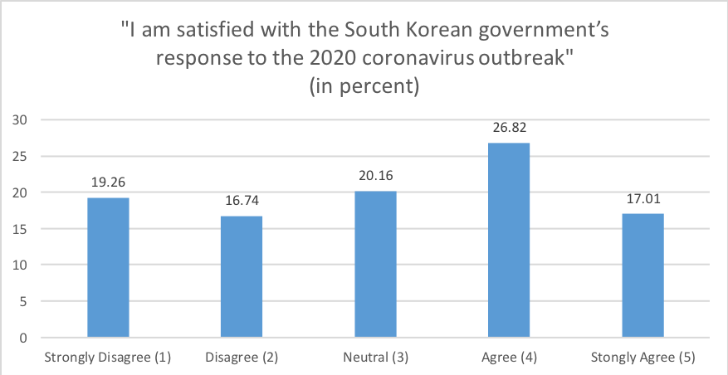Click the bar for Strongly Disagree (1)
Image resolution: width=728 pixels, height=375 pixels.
tap(108, 267)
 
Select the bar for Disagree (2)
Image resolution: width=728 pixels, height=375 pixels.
tap(242, 276)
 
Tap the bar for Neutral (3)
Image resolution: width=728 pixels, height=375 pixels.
tap(375, 264)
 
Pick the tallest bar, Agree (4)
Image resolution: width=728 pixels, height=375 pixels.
tap(509, 240)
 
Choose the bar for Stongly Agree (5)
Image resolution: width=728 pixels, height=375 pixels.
tap(642, 275)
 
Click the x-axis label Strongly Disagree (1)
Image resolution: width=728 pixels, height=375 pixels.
tap(108, 358)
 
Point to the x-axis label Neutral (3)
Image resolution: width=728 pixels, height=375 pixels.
tap(375, 358)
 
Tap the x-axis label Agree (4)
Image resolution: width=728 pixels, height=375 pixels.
tap(509, 358)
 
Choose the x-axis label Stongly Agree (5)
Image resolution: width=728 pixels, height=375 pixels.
tap(642, 358)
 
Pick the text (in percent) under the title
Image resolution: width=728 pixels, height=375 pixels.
tap(364, 86)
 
